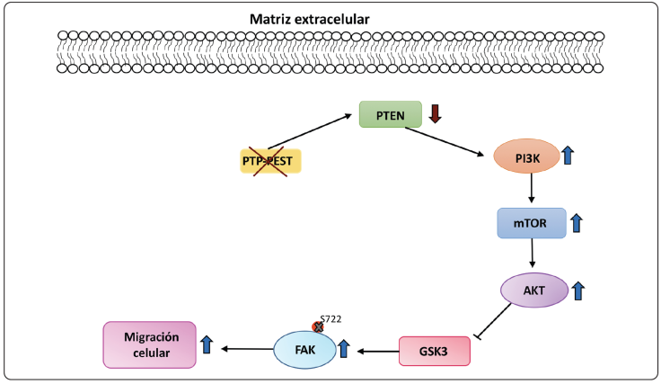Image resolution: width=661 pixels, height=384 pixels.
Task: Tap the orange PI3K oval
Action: [x=525, y=159]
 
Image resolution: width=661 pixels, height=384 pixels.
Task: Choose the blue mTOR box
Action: [x=532, y=222]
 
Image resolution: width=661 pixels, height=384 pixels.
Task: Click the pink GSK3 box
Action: [x=435, y=352]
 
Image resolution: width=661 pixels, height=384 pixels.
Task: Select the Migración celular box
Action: [x=150, y=344]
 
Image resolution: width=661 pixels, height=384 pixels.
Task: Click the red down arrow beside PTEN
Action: [x=435, y=114]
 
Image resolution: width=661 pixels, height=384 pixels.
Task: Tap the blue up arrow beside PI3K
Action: [x=568, y=156]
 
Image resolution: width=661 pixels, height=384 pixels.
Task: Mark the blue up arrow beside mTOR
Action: [x=577, y=221]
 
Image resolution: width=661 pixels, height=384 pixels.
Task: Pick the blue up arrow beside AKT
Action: [x=578, y=290]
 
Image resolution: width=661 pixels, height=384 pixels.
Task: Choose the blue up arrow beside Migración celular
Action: [x=207, y=344]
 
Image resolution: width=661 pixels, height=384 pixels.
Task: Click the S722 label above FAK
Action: [x=330, y=319]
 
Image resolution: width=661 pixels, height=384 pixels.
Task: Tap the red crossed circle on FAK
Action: [x=317, y=327]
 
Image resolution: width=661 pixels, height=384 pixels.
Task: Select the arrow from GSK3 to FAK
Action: [x=377, y=352]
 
